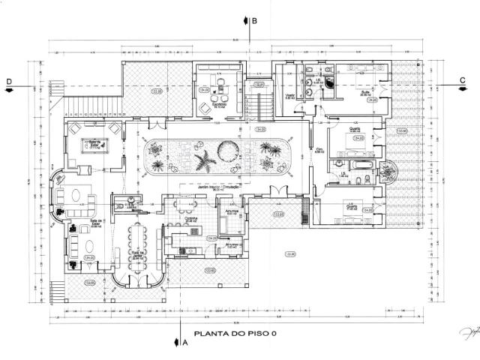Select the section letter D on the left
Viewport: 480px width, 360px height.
pos(10,80)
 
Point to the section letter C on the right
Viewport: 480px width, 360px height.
pos(463,80)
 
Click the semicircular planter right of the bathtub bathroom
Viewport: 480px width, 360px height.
pos(390,174)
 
